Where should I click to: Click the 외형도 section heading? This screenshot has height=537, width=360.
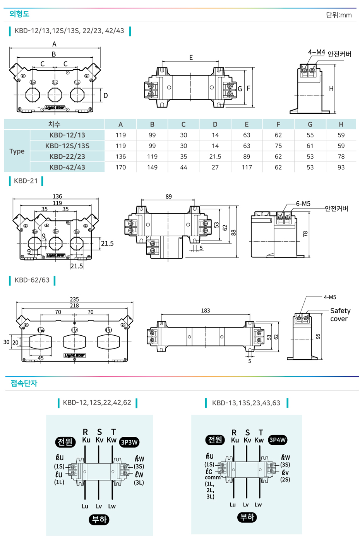19,14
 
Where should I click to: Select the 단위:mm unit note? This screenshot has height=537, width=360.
339,15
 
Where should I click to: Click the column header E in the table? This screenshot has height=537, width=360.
247,124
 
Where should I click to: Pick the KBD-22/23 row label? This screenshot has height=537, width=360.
67,156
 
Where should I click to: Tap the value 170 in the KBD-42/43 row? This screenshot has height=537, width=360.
120,167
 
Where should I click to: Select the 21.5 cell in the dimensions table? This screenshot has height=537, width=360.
215,156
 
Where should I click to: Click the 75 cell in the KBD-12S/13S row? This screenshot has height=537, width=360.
278,146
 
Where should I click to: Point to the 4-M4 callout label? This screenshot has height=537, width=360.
316,52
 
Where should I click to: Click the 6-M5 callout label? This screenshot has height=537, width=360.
303,204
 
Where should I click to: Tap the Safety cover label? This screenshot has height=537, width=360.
340,315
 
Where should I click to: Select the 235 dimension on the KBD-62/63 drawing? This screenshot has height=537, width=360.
74,299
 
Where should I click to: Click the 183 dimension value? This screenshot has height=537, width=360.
206,311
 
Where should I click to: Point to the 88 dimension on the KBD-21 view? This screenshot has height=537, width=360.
233,232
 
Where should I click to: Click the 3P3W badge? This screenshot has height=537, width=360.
129,442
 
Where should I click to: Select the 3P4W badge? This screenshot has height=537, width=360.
277,440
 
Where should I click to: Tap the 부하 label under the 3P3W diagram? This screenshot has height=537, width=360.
99,520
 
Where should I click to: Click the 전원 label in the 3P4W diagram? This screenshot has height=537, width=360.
215,440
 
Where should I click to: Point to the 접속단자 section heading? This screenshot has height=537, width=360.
24,383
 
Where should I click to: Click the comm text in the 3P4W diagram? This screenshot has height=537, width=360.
213,477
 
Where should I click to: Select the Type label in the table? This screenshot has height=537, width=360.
17,151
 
